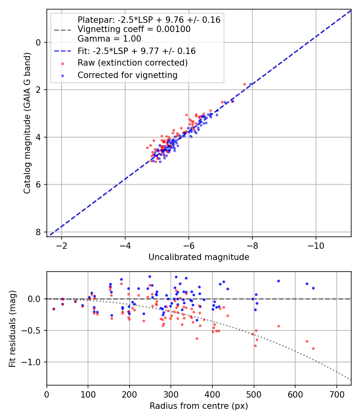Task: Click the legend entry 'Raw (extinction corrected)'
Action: [132, 63]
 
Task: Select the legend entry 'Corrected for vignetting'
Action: [127, 75]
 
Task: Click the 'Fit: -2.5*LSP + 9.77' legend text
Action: [136, 51]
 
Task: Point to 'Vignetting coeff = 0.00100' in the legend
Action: [134, 29]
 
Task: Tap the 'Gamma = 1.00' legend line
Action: [109, 39]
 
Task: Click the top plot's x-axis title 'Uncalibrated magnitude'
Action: [199, 257]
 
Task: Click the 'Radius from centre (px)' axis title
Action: [199, 406]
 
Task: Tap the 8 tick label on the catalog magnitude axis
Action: [39, 232]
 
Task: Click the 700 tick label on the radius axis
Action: [336, 394]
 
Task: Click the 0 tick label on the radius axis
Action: [47, 394]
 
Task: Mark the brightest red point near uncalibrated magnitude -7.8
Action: [244, 84]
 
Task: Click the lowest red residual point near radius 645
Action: [313, 348]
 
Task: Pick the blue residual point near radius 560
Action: [278, 281]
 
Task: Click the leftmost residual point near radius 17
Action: [54, 309]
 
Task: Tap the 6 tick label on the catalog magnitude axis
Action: [39, 184]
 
